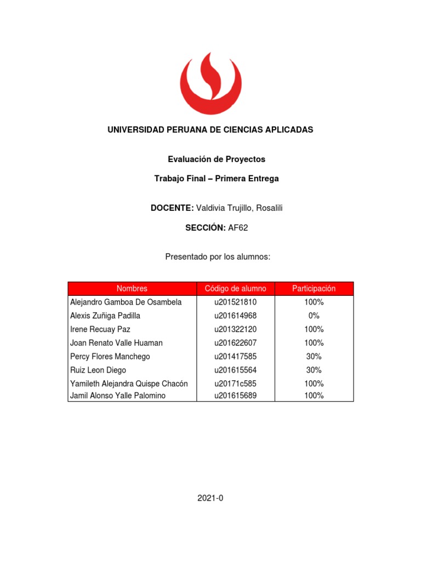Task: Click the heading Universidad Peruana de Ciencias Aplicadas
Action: click(x=210, y=130)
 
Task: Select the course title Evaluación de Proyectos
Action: click(x=216, y=159)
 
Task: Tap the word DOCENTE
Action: click(x=172, y=208)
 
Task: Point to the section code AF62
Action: click(x=238, y=228)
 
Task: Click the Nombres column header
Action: click(x=132, y=288)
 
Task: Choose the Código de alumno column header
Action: click(x=235, y=288)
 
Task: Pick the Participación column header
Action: click(x=314, y=288)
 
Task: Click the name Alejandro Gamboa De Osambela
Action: click(x=126, y=302)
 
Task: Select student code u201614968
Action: click(x=235, y=316)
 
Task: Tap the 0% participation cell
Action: click(x=314, y=316)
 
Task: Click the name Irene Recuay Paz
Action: click(x=100, y=329)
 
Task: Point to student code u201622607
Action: click(x=235, y=343)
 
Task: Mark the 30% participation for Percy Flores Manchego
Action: click(x=314, y=357)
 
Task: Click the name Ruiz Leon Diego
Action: click(x=98, y=370)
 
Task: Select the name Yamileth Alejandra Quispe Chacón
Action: click(x=129, y=383)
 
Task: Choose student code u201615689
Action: click(x=235, y=396)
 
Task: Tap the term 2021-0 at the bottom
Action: click(x=210, y=498)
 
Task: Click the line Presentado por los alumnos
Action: click(x=218, y=256)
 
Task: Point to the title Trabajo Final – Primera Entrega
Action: click(x=216, y=179)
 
